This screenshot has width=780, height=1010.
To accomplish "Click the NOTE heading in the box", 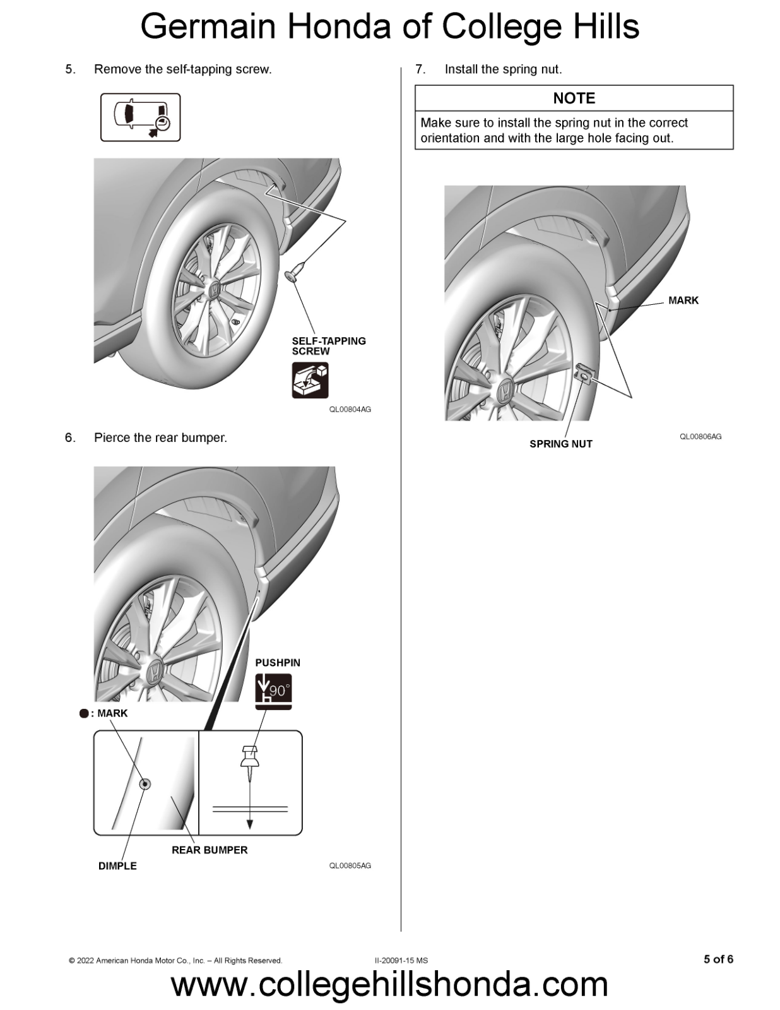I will [x=574, y=98].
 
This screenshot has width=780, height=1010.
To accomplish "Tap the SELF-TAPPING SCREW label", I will [x=328, y=346].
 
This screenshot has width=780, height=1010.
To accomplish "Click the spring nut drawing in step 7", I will [x=585, y=374].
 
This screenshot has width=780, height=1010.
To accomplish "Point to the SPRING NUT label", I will [x=560, y=444].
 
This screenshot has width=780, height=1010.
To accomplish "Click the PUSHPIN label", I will [x=278, y=663].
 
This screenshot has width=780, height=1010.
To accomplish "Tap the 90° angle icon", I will [x=273, y=691].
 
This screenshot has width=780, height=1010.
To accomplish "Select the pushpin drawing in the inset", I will [x=250, y=758].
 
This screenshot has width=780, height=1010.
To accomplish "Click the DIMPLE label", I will [x=117, y=866].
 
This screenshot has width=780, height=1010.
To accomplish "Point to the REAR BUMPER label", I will [x=210, y=850].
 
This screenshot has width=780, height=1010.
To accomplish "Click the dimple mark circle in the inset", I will [x=145, y=784].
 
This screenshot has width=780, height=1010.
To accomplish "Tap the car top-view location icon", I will [x=141, y=117].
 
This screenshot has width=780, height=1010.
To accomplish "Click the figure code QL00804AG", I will [x=350, y=410].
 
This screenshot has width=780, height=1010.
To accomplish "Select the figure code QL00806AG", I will [x=700, y=437].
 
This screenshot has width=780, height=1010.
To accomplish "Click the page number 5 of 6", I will [x=718, y=959].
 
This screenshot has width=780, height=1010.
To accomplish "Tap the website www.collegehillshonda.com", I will [x=389, y=985].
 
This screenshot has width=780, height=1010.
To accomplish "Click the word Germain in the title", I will [x=208, y=28].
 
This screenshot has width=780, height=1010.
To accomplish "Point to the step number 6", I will [x=70, y=437].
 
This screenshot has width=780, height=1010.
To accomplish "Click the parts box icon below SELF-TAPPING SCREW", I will [x=310, y=380].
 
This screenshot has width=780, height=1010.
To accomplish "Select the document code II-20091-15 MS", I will [x=401, y=961].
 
